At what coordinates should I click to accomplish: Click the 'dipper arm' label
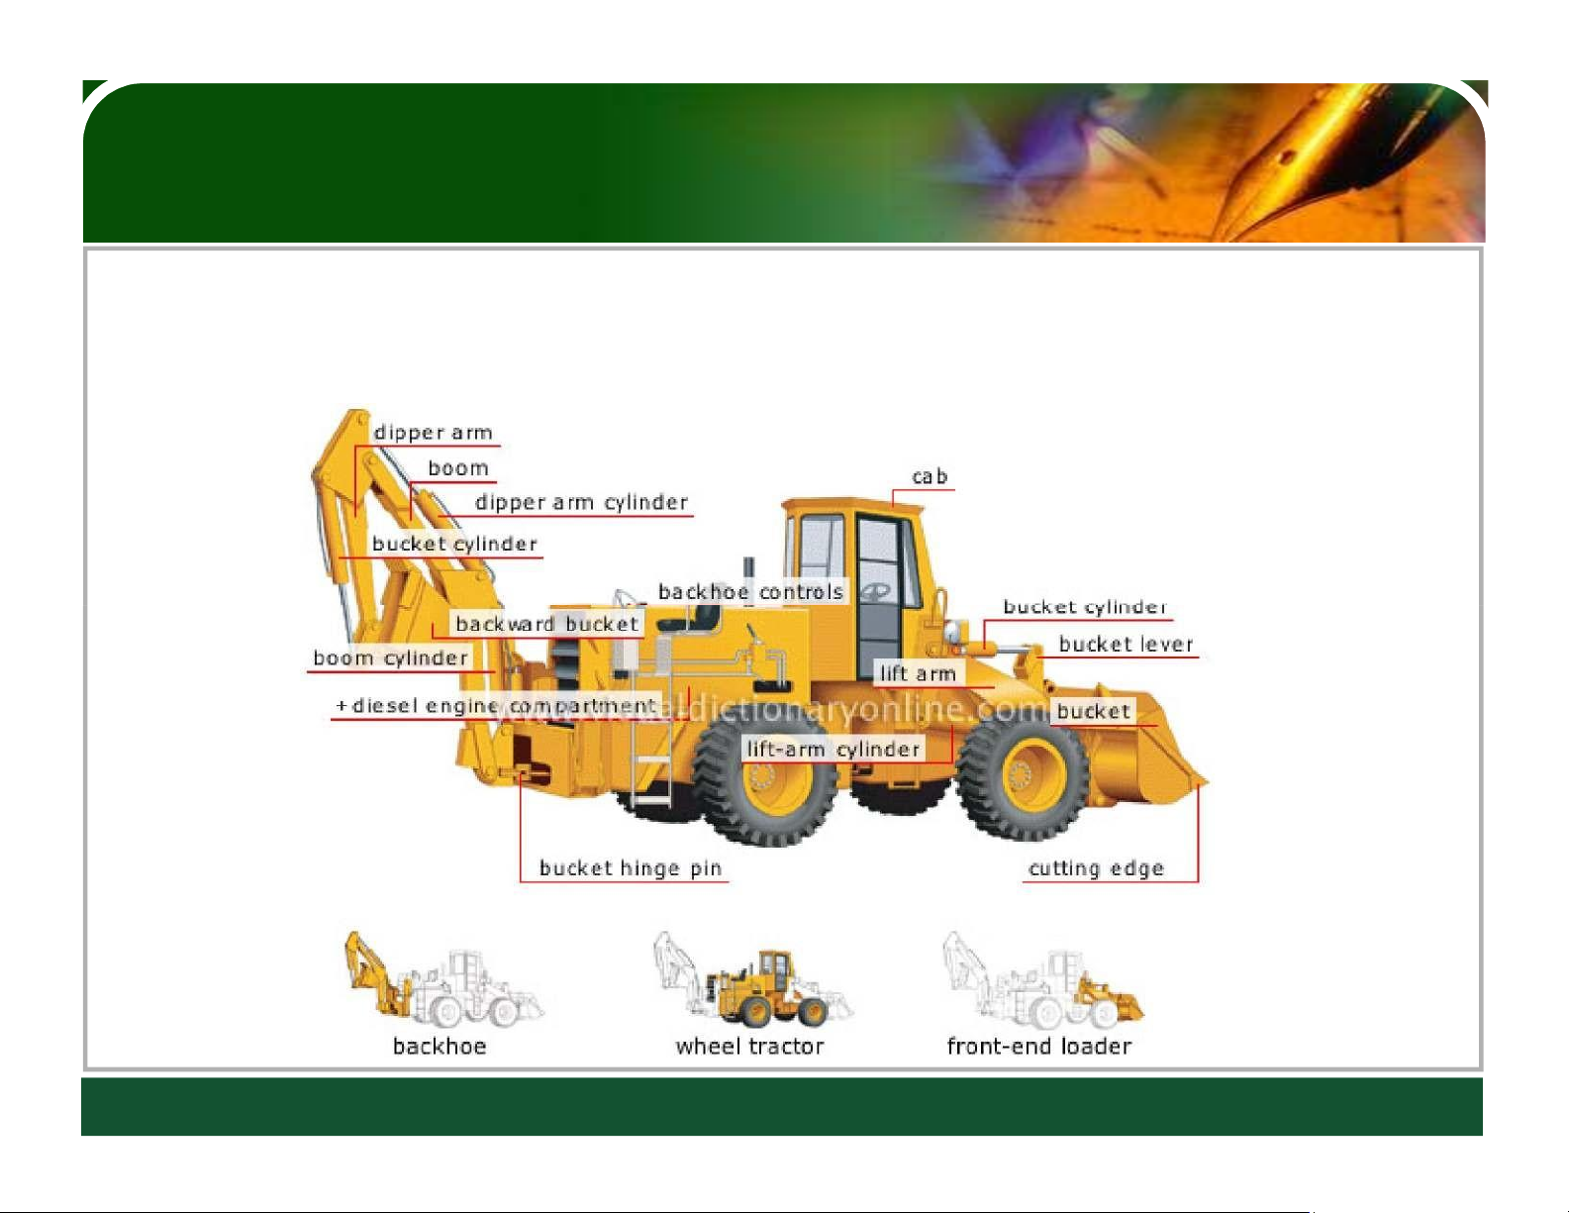pyautogui.click(x=434, y=433)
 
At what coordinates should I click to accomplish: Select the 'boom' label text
pyautogui.click(x=458, y=467)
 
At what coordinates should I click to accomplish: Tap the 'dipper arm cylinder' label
pyautogui.click(x=581, y=503)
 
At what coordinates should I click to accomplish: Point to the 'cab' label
pyautogui.click(x=930, y=476)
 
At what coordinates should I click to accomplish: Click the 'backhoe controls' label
pyautogui.click(x=751, y=592)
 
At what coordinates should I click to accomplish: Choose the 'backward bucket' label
pyautogui.click(x=547, y=624)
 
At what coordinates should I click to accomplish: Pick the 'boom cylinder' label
pyautogui.click(x=391, y=657)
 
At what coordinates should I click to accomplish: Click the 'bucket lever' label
pyautogui.click(x=1126, y=644)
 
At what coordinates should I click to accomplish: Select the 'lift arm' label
pyautogui.click(x=918, y=673)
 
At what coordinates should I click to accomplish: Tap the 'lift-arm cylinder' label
pyautogui.click(x=834, y=749)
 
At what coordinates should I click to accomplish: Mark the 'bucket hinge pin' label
pyautogui.click(x=631, y=867)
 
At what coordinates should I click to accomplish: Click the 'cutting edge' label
pyautogui.click(x=1096, y=867)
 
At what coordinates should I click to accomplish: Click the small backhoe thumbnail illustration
pyautogui.click(x=443, y=979)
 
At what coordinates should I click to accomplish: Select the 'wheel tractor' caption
pyautogui.click(x=749, y=1047)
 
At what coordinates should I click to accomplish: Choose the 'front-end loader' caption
pyautogui.click(x=1039, y=1047)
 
